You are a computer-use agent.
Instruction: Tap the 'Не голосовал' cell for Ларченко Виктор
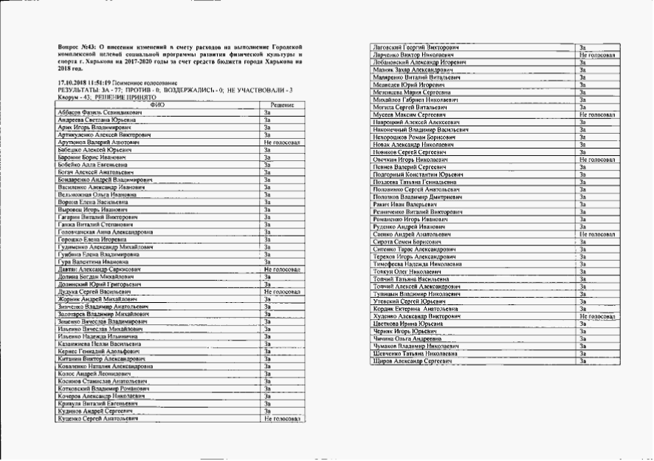[x=597, y=55]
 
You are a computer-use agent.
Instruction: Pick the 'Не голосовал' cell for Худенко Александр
[x=597, y=316]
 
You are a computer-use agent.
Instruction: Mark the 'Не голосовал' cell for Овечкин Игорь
[x=597, y=160]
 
